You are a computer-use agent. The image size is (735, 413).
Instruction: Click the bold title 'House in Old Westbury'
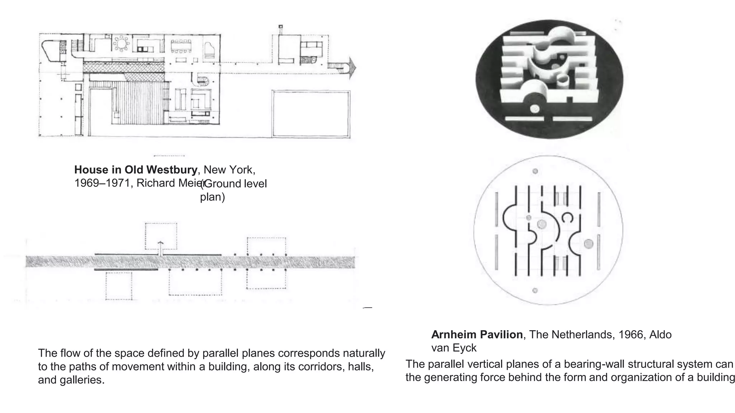pyautogui.click(x=136, y=170)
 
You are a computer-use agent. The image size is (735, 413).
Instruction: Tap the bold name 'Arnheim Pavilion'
pyautogui.click(x=477, y=334)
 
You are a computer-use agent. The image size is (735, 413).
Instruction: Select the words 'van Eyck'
pyautogui.click(x=454, y=348)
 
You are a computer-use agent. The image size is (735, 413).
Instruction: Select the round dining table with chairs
pyautogui.click(x=122, y=44)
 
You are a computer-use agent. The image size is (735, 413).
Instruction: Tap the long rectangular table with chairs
pyautogui.click(x=181, y=46)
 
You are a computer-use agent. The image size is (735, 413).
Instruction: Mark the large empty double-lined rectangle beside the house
pyautogui.click(x=311, y=113)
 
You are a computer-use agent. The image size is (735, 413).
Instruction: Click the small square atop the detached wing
pyautogui.click(x=281, y=27)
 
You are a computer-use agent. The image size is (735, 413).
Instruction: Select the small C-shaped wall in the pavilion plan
pyautogui.click(x=567, y=217)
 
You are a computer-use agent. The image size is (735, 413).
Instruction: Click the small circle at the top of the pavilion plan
pyautogui.click(x=535, y=171)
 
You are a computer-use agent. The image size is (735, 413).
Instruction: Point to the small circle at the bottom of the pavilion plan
pyautogui.click(x=535, y=290)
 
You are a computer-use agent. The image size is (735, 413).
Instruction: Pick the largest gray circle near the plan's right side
pyautogui.click(x=589, y=244)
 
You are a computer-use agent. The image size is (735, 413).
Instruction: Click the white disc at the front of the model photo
pyautogui.click(x=535, y=108)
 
